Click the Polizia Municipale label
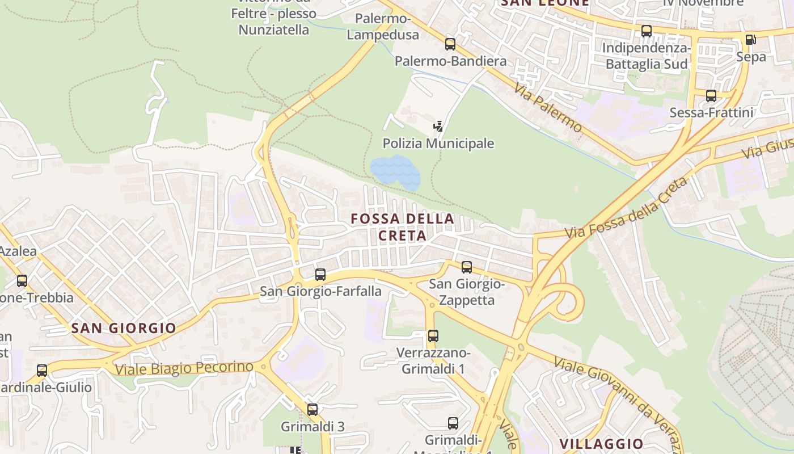coord(438,144)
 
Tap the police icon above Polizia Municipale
coord(438,126)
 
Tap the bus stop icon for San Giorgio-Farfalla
coord(320,275)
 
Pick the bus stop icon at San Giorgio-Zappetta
coord(467,267)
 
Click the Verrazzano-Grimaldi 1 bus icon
coord(433,335)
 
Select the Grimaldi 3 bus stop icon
coord(312,409)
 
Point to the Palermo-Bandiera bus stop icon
coord(450,44)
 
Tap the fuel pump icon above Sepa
coord(750,39)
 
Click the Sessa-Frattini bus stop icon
coord(711,95)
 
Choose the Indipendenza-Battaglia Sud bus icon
coord(647,31)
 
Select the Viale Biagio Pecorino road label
coord(184,368)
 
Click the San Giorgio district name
coord(124,328)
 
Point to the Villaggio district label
coord(601,444)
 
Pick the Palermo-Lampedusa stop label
coord(383,27)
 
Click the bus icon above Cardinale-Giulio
coord(42,371)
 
